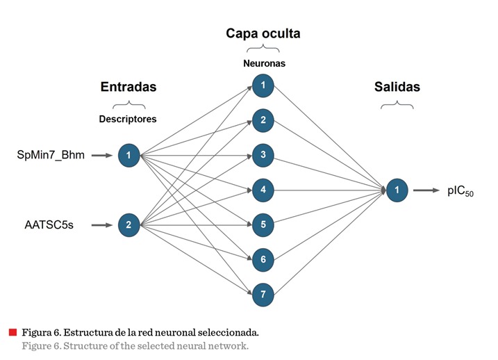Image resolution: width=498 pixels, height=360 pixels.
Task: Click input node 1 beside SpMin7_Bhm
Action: pyautogui.click(x=129, y=155)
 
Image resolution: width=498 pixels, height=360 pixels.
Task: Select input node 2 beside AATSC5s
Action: pyautogui.click(x=129, y=224)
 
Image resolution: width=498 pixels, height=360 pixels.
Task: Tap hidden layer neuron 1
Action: pyautogui.click(x=263, y=86)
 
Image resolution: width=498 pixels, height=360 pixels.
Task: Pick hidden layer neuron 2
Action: pyautogui.click(x=263, y=120)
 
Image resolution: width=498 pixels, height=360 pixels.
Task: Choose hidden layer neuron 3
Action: pyautogui.click(x=263, y=155)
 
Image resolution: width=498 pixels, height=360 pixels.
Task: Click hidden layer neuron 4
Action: pyautogui.click(x=263, y=190)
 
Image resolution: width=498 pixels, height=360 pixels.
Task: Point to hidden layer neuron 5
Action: pyautogui.click(x=263, y=224)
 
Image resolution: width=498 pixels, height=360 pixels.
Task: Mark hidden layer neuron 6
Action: pyautogui.click(x=263, y=259)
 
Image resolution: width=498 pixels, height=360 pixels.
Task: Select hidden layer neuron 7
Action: pyautogui.click(x=263, y=293)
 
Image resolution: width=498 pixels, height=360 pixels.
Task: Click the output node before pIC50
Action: pyautogui.click(x=397, y=190)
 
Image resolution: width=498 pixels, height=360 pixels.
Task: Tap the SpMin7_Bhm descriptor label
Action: pyautogui.click(x=51, y=155)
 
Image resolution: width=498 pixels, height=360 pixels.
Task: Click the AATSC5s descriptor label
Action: pyautogui.click(x=49, y=224)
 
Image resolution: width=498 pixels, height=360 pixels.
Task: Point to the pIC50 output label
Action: pyautogui.click(x=460, y=191)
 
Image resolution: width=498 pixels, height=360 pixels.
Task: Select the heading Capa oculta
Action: pyautogui.click(x=263, y=33)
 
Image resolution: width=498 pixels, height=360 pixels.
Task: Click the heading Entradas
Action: pyautogui.click(x=128, y=87)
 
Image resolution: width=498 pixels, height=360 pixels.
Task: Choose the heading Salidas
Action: pyautogui.click(x=397, y=87)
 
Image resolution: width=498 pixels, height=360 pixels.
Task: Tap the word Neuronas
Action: pyautogui.click(x=264, y=63)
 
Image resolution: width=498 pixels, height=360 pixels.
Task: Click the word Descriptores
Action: pyautogui.click(x=128, y=119)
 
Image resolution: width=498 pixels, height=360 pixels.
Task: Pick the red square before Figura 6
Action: pyautogui.click(x=13, y=332)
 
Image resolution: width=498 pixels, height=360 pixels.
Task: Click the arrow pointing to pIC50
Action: pyautogui.click(x=427, y=190)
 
